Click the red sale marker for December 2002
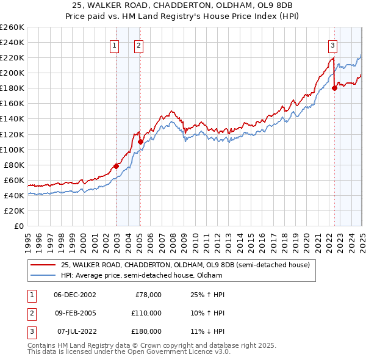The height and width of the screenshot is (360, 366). coord(116,166)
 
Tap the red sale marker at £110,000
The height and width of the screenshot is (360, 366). coord(140,142)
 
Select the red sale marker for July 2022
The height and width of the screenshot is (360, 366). coord(334,88)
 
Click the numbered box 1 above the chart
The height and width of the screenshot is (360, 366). coord(115,45)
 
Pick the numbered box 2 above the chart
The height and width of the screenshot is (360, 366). coord(139,45)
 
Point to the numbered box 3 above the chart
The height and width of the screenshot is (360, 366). coord(332,45)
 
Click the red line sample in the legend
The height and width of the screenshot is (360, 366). coord(43,265)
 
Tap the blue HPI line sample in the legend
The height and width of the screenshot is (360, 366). coord(43,275)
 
